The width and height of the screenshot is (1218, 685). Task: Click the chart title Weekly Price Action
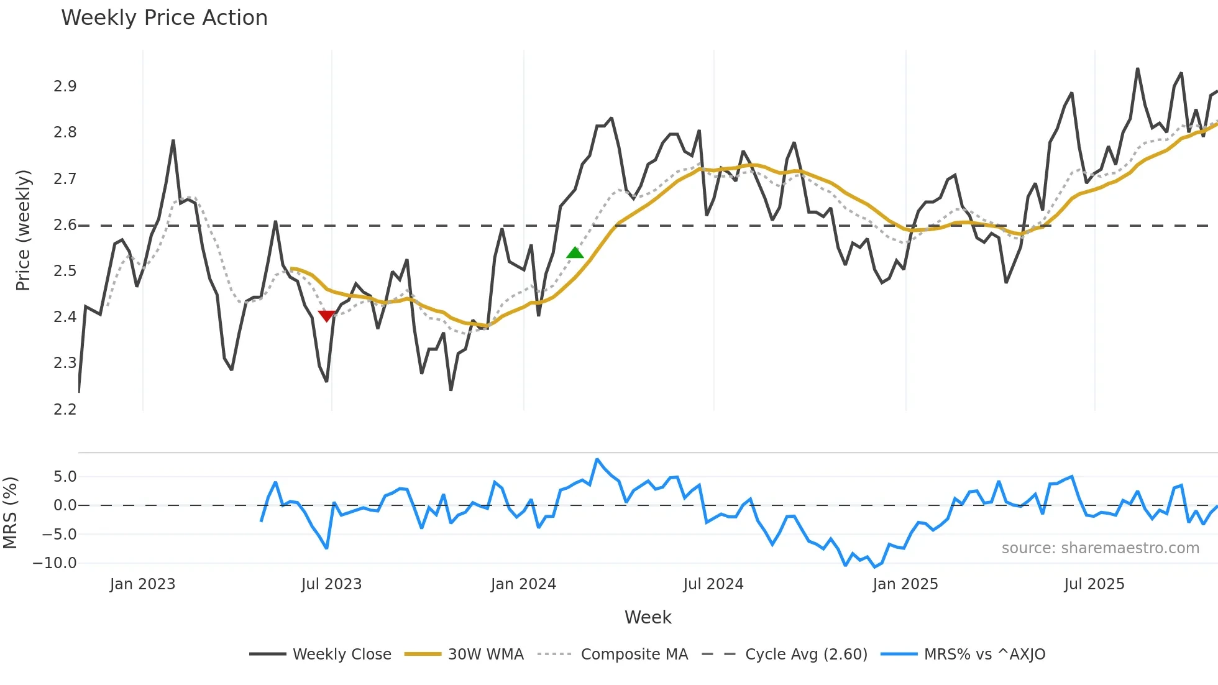[164, 18]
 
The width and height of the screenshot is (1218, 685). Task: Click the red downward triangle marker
[326, 316]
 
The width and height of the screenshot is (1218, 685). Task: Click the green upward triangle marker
[575, 252]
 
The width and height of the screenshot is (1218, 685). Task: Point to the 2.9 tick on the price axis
[65, 86]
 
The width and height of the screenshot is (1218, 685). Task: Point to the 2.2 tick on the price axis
[65, 410]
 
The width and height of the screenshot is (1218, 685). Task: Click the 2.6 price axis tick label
[65, 225]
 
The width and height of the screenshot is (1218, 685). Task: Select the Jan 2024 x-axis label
[523, 584]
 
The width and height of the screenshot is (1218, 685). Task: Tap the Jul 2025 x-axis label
[1094, 584]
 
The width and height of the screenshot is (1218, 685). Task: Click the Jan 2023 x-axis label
[142, 584]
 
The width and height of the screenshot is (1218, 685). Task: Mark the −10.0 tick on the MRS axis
[55, 563]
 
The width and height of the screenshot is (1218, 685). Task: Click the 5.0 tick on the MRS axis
[65, 477]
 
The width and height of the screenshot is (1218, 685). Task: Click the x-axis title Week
[648, 617]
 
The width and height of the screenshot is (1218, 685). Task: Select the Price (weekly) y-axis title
[23, 230]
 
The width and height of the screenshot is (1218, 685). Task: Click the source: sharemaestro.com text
[1100, 548]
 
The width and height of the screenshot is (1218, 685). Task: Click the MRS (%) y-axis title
[11, 513]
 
